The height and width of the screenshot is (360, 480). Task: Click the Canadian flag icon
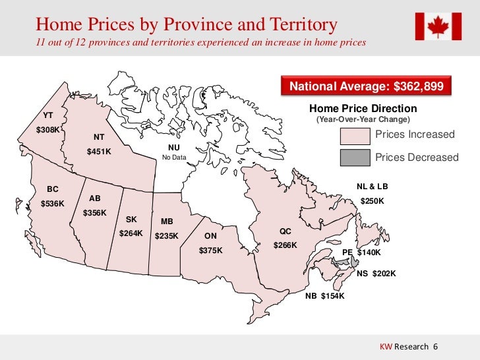438,26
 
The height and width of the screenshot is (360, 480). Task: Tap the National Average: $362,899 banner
367,87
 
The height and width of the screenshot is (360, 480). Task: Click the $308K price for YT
47,129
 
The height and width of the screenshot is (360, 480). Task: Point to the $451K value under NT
100,152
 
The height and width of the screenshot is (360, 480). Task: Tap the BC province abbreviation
52,189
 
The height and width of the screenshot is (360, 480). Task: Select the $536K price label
53,204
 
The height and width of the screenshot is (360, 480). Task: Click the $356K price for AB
95,213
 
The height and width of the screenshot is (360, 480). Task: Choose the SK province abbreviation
131,219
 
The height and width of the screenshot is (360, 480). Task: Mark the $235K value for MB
166,236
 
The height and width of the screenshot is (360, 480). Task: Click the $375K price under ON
210,251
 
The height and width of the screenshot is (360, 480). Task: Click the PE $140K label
361,253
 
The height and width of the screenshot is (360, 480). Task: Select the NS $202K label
376,274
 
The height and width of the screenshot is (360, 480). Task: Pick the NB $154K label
324,296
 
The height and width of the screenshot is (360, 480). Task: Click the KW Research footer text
405,347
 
